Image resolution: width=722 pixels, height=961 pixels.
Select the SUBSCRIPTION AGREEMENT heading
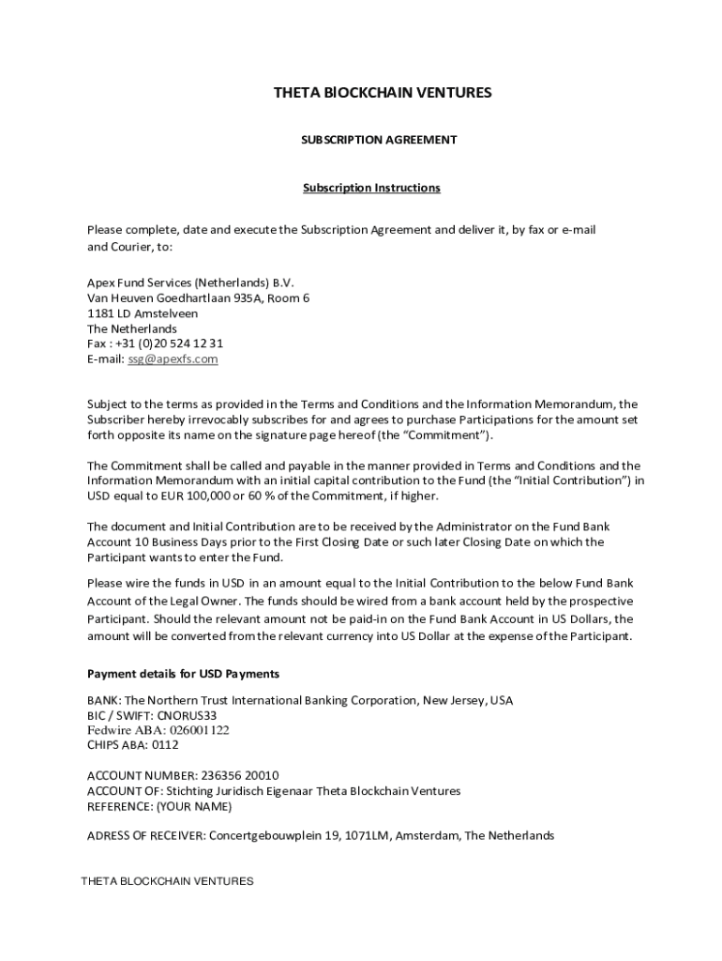[x=378, y=140]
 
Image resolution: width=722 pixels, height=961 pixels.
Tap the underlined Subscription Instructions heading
[x=371, y=188]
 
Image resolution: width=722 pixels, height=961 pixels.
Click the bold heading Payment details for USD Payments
[x=183, y=675]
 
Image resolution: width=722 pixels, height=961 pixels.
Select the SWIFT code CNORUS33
[x=187, y=715]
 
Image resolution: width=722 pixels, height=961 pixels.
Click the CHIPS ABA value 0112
[x=165, y=745]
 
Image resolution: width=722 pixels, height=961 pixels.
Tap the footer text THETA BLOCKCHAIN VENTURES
[x=167, y=882]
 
